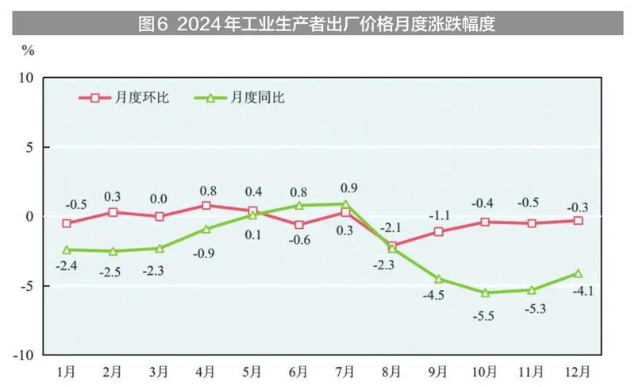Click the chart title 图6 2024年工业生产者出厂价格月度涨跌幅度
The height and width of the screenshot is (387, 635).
click(317, 23)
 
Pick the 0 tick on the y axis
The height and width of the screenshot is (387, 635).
click(29, 216)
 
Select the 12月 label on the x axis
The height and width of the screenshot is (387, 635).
click(578, 372)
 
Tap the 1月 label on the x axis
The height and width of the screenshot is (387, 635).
click(67, 372)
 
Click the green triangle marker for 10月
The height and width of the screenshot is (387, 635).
click(485, 292)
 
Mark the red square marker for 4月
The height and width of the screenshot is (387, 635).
click(206, 205)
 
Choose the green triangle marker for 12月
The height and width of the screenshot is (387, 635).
click(579, 273)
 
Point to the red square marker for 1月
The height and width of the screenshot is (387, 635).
click(67, 223)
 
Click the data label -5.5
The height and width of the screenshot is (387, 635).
click(485, 315)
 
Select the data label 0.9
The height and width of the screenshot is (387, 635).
click(347, 188)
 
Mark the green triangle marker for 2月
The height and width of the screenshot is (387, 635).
click(113, 251)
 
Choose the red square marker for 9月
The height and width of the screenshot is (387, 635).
click(439, 231)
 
